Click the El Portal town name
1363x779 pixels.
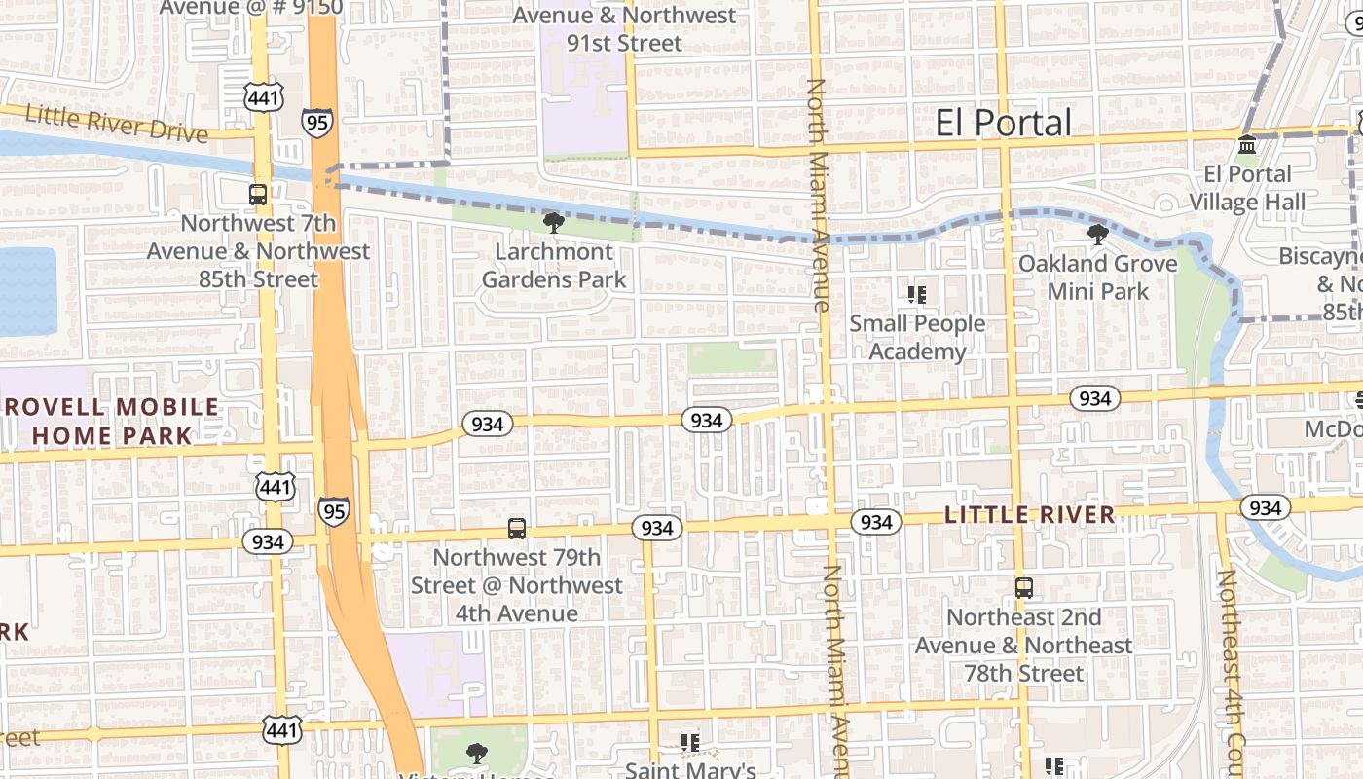click(1003, 123)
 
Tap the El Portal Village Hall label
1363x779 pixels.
click(1247, 188)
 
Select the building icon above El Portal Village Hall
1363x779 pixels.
click(1246, 146)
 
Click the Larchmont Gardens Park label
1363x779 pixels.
click(554, 266)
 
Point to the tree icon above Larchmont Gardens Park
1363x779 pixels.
click(553, 223)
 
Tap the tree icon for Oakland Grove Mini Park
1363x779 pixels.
click(1097, 235)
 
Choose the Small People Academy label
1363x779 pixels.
click(917, 337)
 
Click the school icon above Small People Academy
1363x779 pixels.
click(916, 294)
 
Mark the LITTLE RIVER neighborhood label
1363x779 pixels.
click(1030, 515)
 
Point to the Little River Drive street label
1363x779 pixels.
click(116, 123)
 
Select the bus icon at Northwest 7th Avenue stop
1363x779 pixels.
click(258, 194)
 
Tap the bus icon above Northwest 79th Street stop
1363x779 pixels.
click(517, 529)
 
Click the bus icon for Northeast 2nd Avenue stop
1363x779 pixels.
click(1023, 588)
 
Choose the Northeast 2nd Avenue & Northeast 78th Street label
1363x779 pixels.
click(1023, 645)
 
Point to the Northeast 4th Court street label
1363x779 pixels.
click(1232, 672)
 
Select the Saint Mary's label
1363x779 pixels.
click(690, 770)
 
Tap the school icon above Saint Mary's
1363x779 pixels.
click(690, 743)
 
